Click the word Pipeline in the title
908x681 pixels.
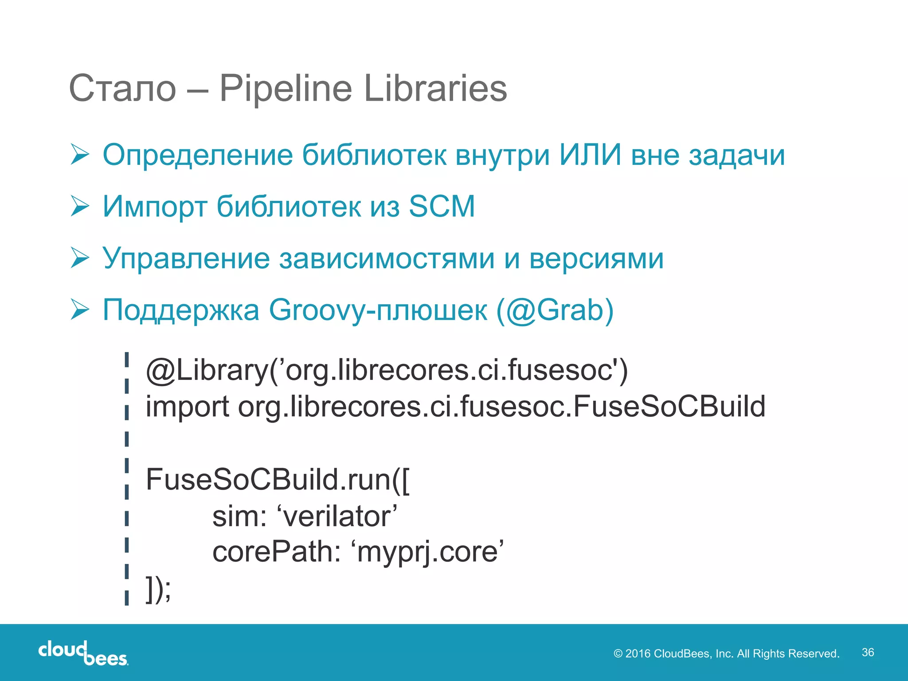[286, 89]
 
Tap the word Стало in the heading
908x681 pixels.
[123, 89]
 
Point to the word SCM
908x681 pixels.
[442, 207]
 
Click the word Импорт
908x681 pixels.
[155, 207]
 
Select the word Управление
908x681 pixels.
[186, 258]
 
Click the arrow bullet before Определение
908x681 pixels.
[80, 155]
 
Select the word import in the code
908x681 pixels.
[187, 407]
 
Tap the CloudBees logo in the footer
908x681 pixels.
[83, 653]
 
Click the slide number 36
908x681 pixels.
[868, 652]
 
